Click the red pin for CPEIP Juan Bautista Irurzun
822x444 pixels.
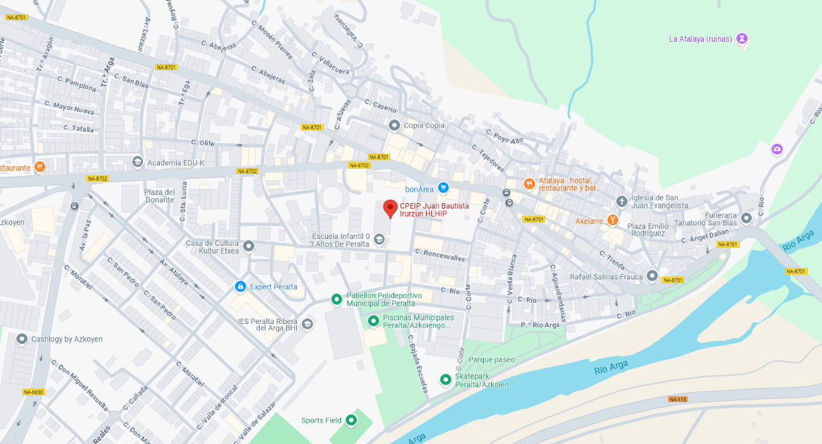pyautogui.click(x=390, y=209)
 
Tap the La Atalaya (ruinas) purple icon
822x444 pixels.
pyautogui.click(x=742, y=38)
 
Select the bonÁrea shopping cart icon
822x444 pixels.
pyautogui.click(x=443, y=188)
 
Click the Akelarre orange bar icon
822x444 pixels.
pyautogui.click(x=612, y=220)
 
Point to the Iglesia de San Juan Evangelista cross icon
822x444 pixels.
pyautogui.click(x=622, y=201)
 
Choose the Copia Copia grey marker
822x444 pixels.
pyautogui.click(x=394, y=125)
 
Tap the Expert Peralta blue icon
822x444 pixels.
pyautogui.click(x=240, y=287)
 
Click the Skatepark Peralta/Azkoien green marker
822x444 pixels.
pyautogui.click(x=445, y=380)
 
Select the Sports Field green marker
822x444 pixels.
pyautogui.click(x=351, y=420)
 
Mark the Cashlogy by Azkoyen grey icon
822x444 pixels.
pyautogui.click(x=22, y=339)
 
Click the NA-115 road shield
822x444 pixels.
pyautogui.click(x=678, y=399)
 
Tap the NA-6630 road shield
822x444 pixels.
pyautogui.click(x=33, y=392)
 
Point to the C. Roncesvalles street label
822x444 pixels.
pyautogui.click(x=440, y=255)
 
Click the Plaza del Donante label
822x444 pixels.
pyautogui.click(x=159, y=196)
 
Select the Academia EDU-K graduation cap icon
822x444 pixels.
pyautogui.click(x=138, y=163)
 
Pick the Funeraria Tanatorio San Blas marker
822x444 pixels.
pyautogui.click(x=746, y=218)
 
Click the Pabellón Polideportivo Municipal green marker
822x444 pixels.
pyautogui.click(x=336, y=299)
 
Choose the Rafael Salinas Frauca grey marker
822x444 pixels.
pyautogui.click(x=652, y=275)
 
